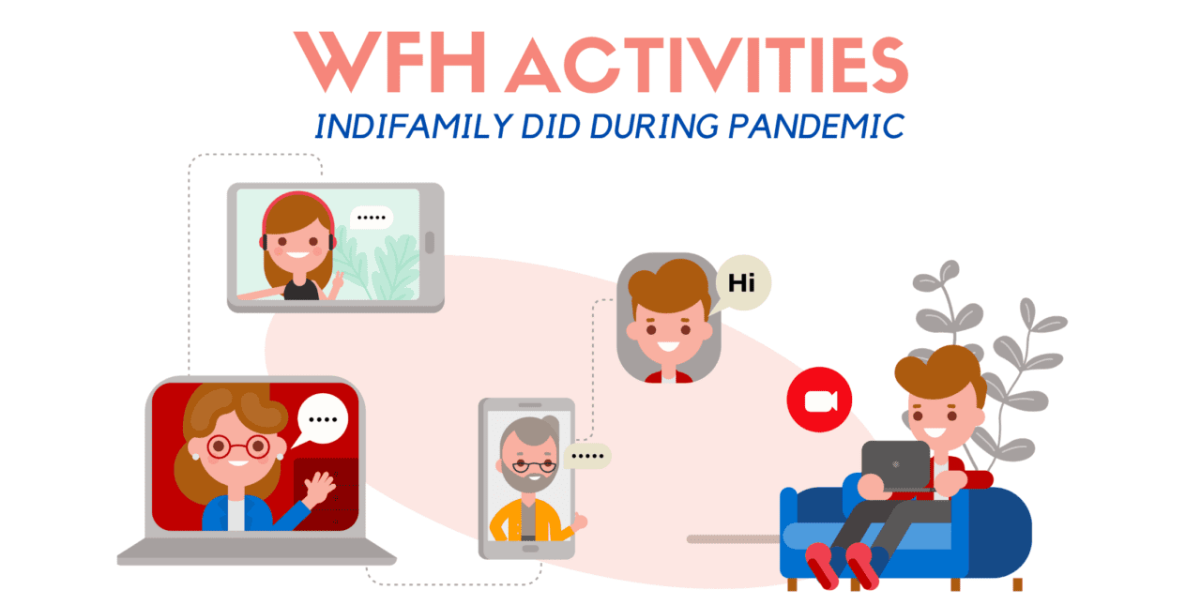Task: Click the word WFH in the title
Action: click(389, 62)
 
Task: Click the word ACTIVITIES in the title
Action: click(707, 65)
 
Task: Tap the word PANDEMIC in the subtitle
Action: click(816, 127)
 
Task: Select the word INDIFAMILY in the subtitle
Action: click(414, 127)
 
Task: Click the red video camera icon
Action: click(819, 400)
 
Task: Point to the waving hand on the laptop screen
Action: click(319, 487)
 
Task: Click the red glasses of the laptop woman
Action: click(238, 446)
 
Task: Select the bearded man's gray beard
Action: click(528, 476)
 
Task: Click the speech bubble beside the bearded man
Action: click(586, 456)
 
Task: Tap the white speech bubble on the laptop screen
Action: click(321, 420)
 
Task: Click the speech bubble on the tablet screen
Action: click(371, 218)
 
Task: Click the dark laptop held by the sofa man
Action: click(896, 465)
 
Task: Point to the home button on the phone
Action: click(530, 549)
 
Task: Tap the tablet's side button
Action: click(430, 242)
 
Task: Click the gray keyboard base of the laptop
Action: click(256, 552)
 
